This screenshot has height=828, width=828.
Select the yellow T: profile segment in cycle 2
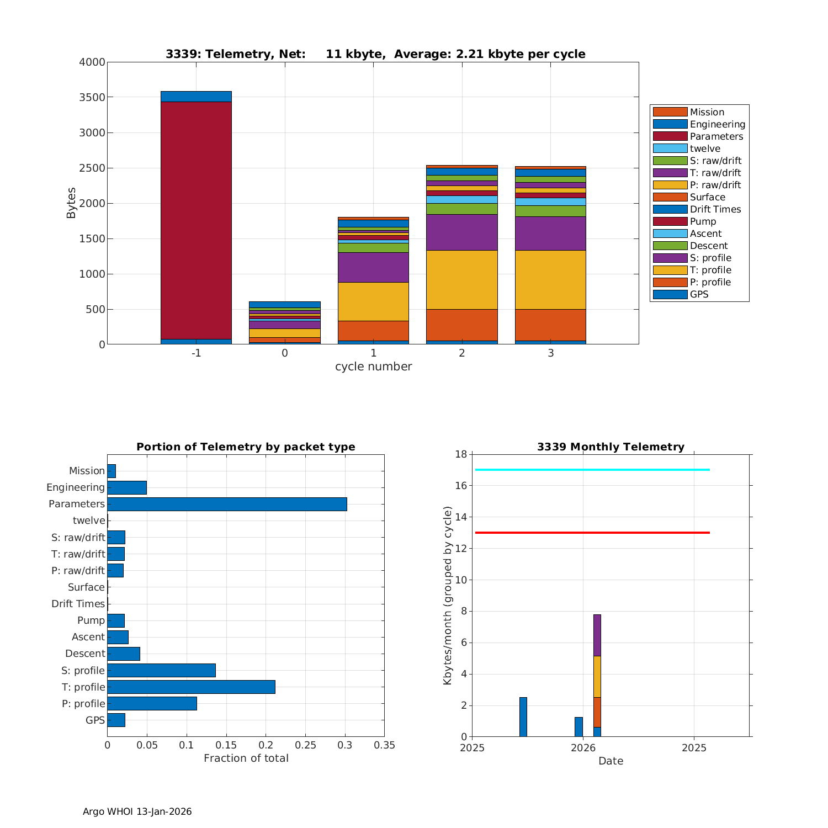tap(462, 279)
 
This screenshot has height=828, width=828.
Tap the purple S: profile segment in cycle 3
tap(550, 233)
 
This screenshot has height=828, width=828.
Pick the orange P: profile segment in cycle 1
tap(373, 331)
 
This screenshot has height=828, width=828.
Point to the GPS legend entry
tap(699, 294)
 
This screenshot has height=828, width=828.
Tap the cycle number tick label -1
tap(196, 353)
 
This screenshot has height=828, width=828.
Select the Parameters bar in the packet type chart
tap(227, 504)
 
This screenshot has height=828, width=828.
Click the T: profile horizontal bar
tap(191, 687)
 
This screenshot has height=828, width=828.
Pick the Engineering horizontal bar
tap(127, 487)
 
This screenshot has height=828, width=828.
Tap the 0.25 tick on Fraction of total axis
tap(305, 745)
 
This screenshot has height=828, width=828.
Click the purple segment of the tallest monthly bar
tap(597, 635)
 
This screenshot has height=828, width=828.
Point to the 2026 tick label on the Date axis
tap(583, 748)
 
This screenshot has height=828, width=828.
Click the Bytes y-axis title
tap(71, 203)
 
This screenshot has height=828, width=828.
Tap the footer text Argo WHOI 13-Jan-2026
tap(137, 811)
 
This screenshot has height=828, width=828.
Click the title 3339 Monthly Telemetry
tap(611, 447)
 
